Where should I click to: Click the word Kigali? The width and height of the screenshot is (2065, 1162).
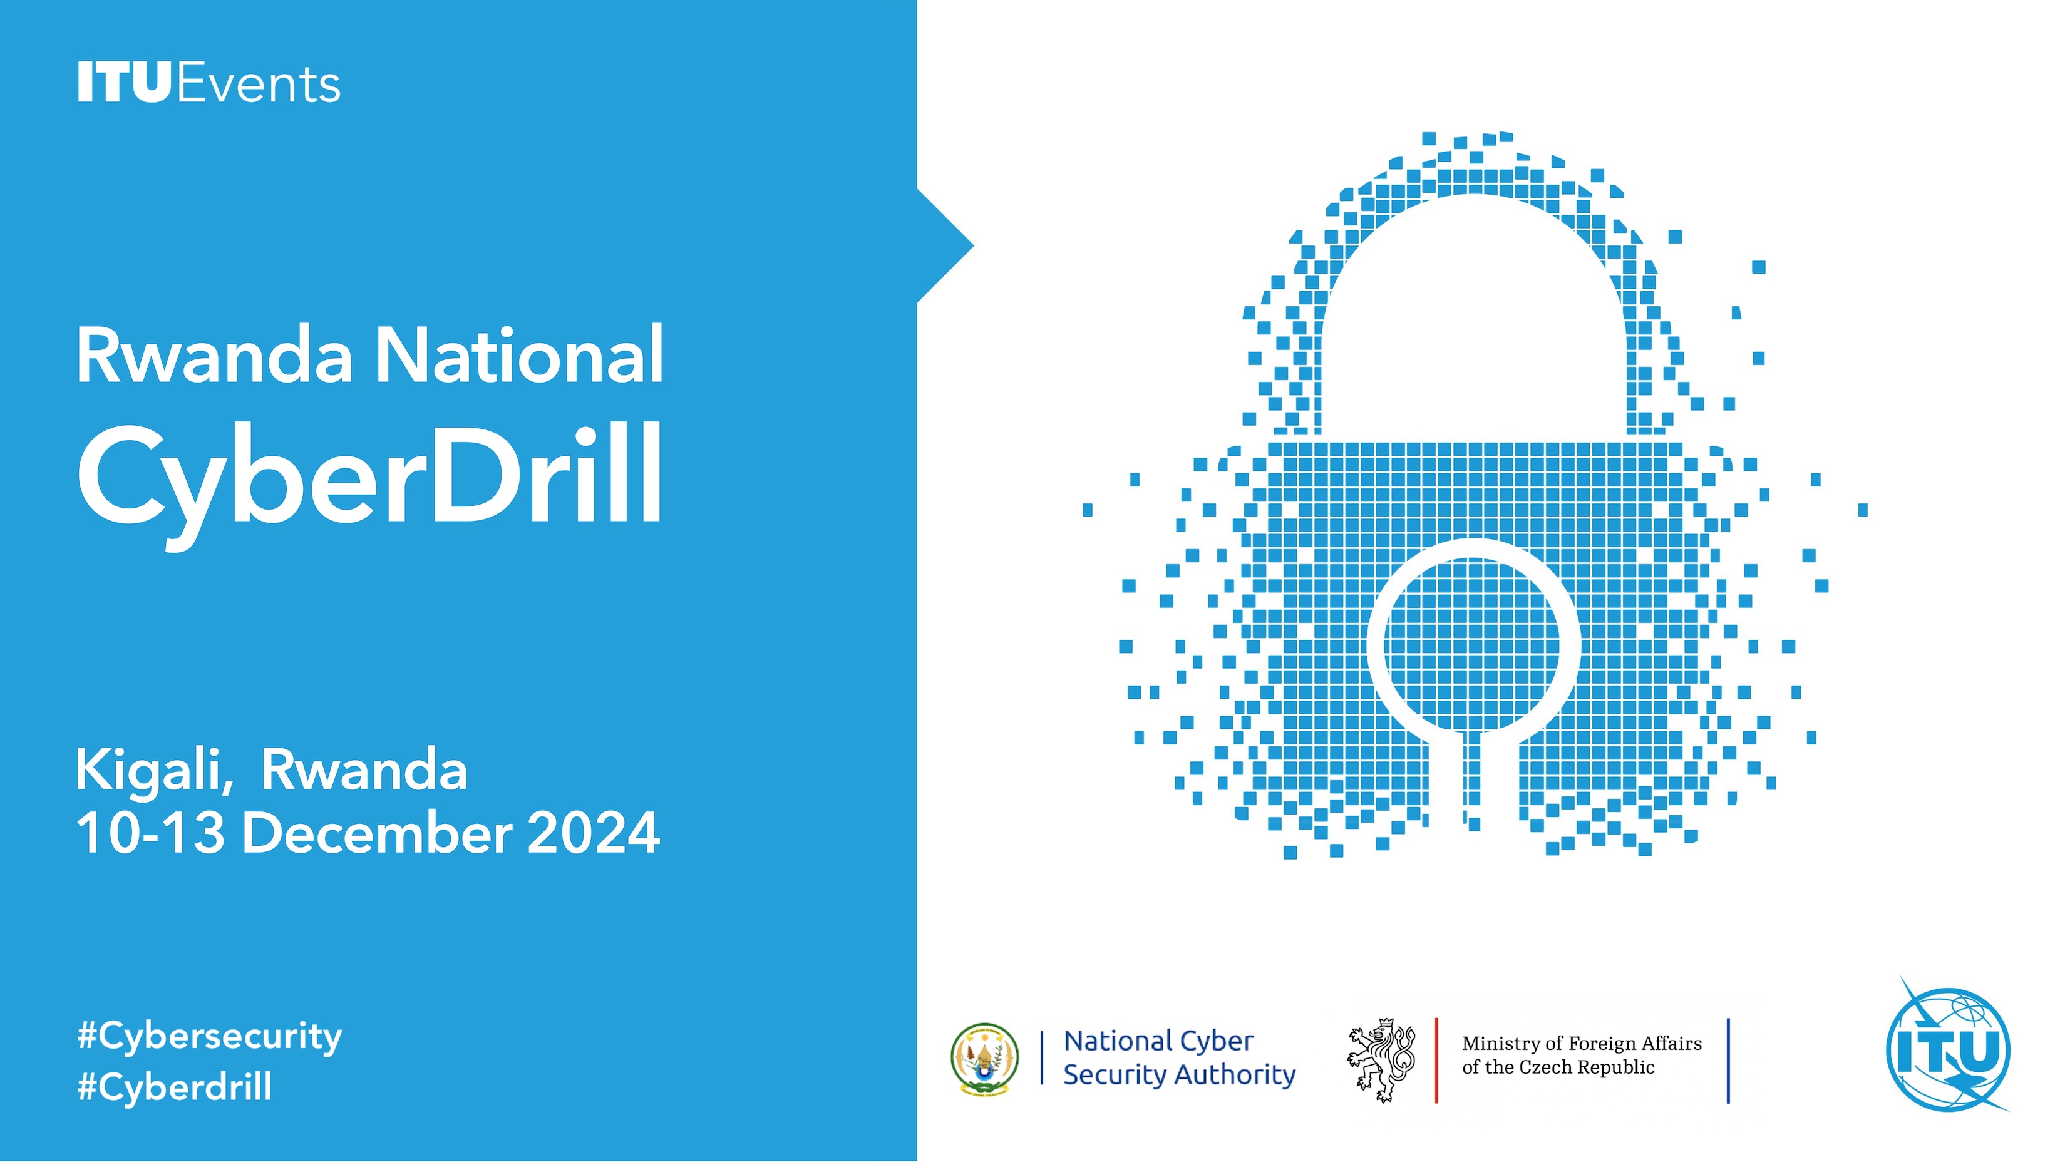click(155, 771)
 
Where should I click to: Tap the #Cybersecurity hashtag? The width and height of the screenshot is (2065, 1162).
click(210, 1037)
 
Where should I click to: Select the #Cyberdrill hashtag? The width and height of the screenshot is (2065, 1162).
click(175, 1087)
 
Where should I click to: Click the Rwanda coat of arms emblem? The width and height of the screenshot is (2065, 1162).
click(984, 1059)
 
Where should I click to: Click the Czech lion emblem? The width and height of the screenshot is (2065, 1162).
click(1381, 1059)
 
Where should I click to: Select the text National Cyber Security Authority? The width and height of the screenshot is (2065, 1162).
click(1179, 1058)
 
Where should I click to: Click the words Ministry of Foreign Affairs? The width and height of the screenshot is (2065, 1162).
click(1582, 1044)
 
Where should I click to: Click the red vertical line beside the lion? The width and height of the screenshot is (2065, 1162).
click(1436, 1060)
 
